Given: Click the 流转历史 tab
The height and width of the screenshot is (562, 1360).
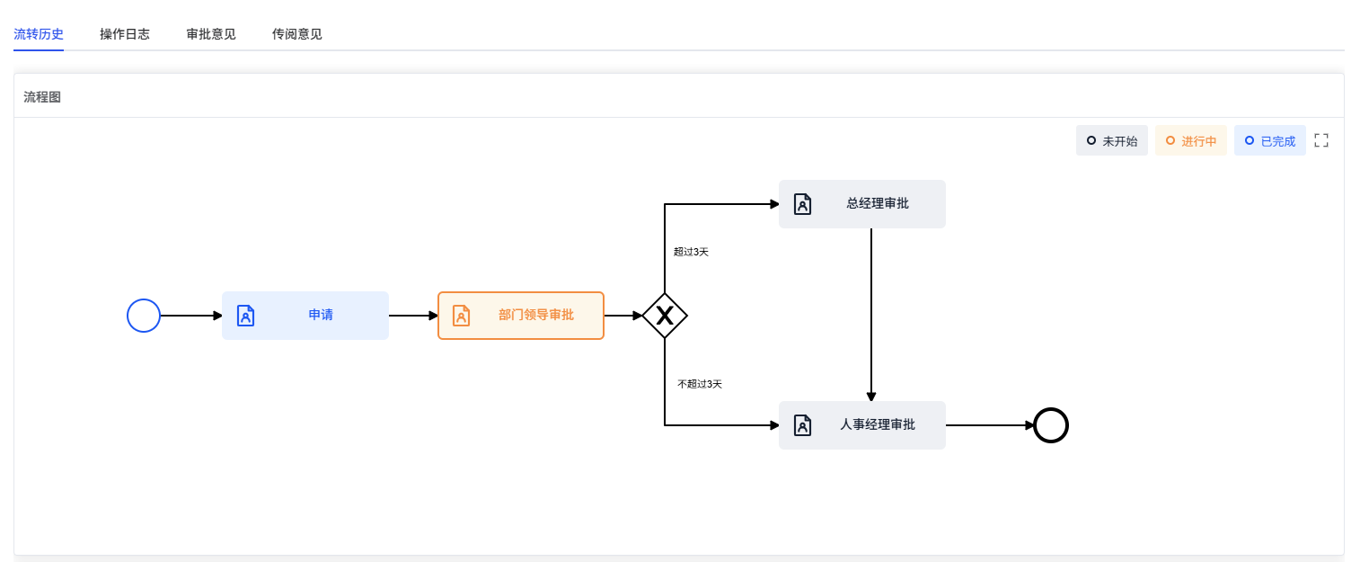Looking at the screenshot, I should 39,34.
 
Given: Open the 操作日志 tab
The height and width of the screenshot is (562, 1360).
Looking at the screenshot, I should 125,34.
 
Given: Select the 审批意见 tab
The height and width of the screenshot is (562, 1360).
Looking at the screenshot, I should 211,34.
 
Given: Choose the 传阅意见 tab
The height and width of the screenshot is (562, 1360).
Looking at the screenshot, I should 297,34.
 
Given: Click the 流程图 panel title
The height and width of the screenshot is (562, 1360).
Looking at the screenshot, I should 42,97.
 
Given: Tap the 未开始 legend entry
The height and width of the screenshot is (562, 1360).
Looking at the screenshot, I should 1112,141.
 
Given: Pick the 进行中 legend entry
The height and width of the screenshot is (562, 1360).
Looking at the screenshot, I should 1191,141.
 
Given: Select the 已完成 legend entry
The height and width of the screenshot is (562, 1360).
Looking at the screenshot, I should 1270,141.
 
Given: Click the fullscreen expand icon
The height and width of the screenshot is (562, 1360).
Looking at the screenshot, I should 1321,140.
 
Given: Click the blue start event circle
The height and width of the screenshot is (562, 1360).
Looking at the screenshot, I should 144,316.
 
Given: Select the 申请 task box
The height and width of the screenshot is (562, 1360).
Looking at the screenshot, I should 305,316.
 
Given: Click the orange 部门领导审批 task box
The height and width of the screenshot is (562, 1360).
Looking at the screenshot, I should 521,316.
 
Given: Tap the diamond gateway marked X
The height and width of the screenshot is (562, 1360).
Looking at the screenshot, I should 665,316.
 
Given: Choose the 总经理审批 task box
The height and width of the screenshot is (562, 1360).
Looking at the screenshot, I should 862,204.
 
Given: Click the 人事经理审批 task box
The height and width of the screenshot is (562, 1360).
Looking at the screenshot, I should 862,425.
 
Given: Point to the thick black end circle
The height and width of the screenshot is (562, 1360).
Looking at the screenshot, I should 1051,425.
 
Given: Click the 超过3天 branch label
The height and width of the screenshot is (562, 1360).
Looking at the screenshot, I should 691,252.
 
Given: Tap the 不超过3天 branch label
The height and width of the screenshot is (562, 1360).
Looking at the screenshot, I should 700,384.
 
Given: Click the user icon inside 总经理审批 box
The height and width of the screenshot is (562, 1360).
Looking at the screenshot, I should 802,204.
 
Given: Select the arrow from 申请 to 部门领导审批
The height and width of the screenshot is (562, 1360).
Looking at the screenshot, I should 413,316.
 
